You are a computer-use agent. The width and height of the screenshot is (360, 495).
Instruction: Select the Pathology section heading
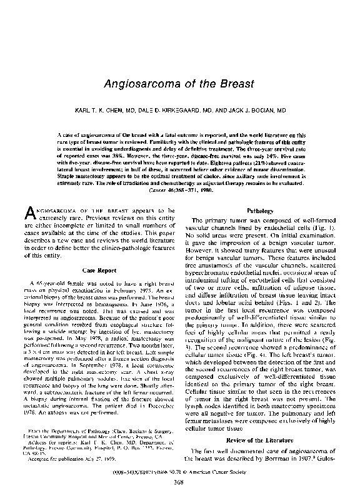click(x=259, y=211)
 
